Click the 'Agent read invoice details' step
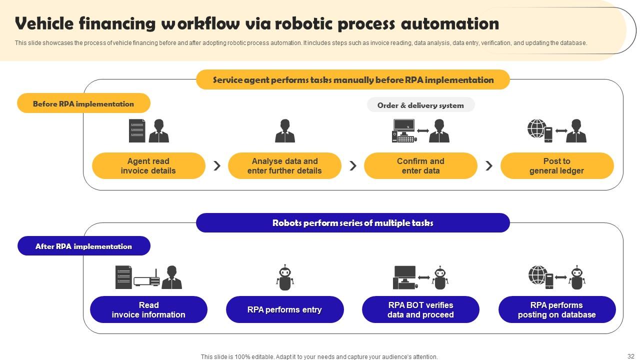148,165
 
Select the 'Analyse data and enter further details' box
284,165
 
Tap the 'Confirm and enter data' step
420,165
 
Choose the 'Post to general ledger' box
556,165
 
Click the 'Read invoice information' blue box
148,309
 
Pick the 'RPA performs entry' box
284,309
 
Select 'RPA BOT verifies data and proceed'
420,309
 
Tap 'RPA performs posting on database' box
556,309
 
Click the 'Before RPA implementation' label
83,103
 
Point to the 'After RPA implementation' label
83,246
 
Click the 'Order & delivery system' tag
420,105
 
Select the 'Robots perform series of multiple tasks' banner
352,223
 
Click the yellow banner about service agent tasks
352,80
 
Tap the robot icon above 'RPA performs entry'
284,277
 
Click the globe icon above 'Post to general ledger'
536,129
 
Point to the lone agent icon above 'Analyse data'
284,130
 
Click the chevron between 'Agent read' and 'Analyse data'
217,165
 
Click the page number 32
630,356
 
